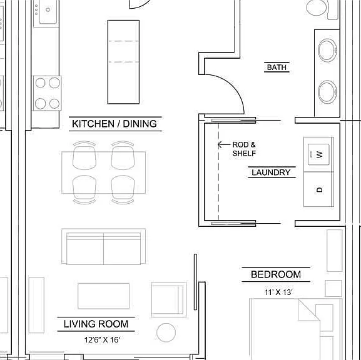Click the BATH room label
(x=277, y=67)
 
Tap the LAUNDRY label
(x=271, y=172)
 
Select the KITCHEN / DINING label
(x=114, y=124)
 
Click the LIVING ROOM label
(x=96, y=324)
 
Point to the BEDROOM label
(x=276, y=274)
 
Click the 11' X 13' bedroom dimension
(x=278, y=292)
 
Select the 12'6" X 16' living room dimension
(x=102, y=339)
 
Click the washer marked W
(x=318, y=154)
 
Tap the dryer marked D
(x=318, y=189)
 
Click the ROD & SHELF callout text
(x=244, y=149)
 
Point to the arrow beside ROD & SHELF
(x=224, y=144)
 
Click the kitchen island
(x=123, y=62)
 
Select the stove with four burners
(x=47, y=93)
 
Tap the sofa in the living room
(x=103, y=247)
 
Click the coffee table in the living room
(x=103, y=296)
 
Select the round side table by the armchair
(x=166, y=332)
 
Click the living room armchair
(x=168, y=299)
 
